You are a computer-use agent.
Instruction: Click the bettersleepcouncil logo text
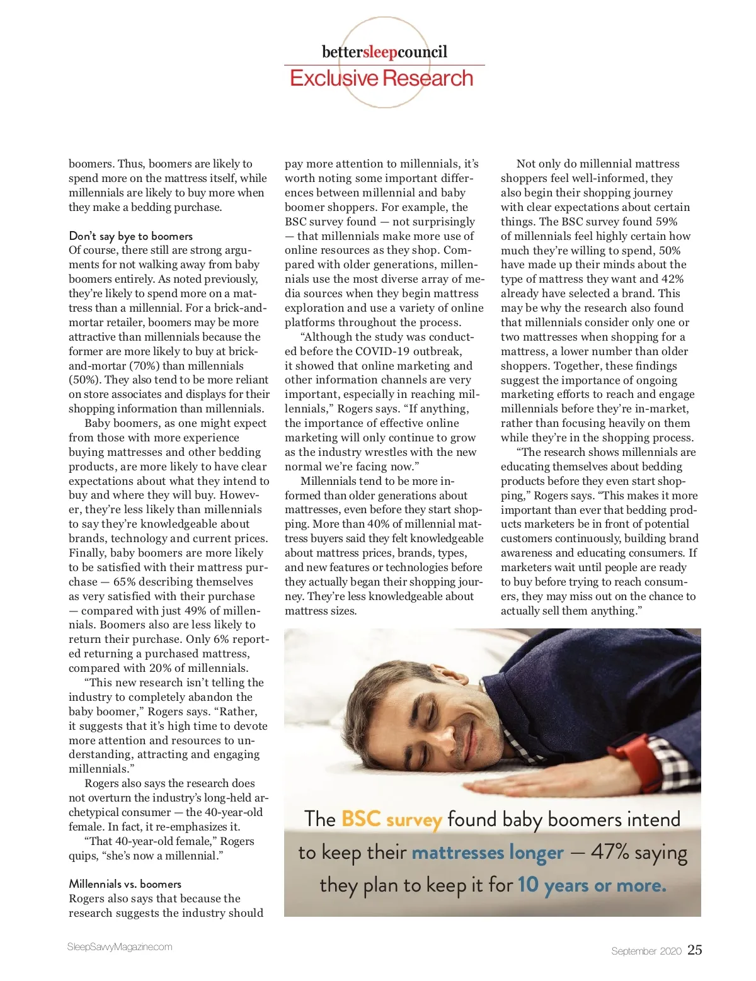[x=384, y=52]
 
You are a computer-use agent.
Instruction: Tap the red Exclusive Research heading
[x=381, y=79]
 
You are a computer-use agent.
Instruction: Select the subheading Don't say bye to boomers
[x=130, y=236]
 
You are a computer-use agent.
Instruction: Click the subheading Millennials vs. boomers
[x=125, y=884]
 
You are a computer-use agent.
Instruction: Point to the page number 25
[x=694, y=950]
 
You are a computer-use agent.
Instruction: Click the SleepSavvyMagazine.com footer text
[x=120, y=947]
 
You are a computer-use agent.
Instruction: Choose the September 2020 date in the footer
[x=646, y=951]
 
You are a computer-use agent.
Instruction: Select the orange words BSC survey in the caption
[x=392, y=819]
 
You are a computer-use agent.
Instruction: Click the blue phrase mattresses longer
[x=487, y=853]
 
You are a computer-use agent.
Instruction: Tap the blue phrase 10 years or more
[x=592, y=885]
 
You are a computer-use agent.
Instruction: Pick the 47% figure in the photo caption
[x=610, y=852]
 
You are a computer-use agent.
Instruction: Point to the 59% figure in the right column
[x=666, y=222]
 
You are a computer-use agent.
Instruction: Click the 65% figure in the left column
[x=125, y=582]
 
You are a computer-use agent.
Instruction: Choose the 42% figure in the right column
[x=671, y=279]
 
